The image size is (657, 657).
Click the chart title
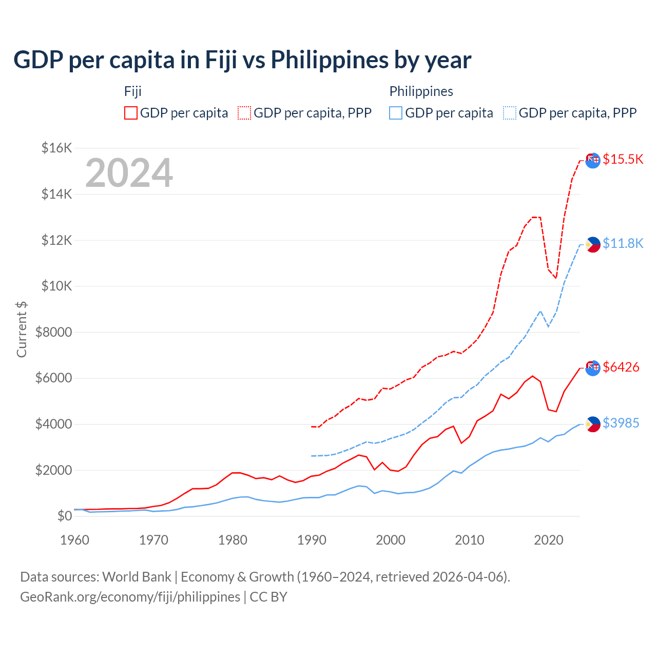click(x=242, y=60)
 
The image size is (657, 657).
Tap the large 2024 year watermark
click(x=129, y=173)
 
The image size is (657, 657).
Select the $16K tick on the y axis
click(x=56, y=148)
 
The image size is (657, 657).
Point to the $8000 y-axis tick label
click(x=53, y=332)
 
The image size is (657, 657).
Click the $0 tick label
click(x=64, y=516)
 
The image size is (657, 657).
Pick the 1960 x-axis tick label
click(x=75, y=540)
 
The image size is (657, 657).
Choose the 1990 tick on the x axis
click(x=312, y=540)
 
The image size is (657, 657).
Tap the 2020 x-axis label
click(x=549, y=540)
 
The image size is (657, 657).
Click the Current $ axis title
click(x=22, y=329)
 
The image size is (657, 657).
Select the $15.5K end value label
click(x=623, y=159)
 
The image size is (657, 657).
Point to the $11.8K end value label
click(x=623, y=243)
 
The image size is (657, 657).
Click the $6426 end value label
click(x=621, y=367)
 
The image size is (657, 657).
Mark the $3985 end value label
click(x=621, y=423)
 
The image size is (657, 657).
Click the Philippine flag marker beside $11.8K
click(x=593, y=244)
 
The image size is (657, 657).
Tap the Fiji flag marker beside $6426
click(x=593, y=368)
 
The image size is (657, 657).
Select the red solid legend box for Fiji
click(x=131, y=113)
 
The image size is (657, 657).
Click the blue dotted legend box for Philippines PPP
click(x=510, y=113)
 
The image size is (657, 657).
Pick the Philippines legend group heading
click(x=421, y=91)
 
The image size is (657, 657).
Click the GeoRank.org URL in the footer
click(x=130, y=597)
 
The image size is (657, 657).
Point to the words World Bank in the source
click(x=137, y=577)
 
